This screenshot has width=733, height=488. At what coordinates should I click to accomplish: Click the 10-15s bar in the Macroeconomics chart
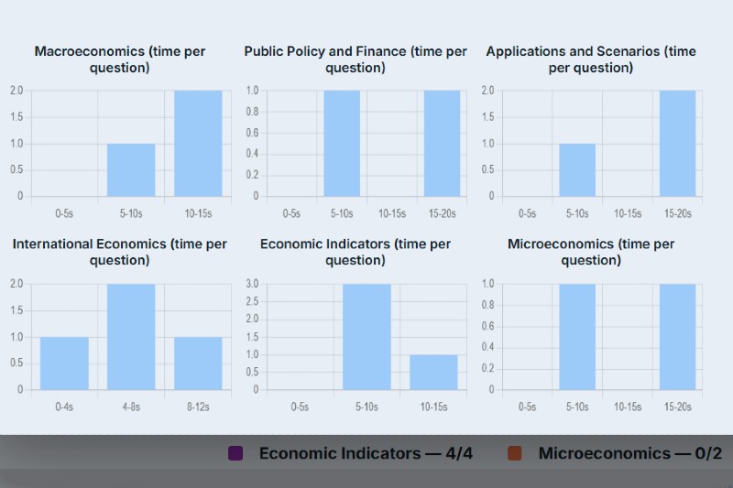(198, 143)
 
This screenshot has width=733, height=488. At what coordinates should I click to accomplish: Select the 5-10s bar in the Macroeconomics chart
(131, 169)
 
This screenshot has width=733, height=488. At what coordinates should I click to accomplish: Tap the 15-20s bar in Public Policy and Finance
(442, 143)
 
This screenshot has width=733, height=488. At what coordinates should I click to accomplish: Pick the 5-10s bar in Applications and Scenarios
(577, 169)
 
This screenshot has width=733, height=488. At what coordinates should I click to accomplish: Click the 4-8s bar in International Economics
(131, 336)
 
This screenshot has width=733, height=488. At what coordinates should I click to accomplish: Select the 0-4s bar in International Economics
(64, 363)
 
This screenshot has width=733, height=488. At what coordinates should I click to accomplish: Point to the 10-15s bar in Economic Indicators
(433, 372)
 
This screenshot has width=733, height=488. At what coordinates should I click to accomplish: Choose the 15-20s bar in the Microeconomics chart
(677, 336)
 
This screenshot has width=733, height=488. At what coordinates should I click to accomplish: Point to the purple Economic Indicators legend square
(235, 453)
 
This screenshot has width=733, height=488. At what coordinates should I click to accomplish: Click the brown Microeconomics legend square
(515, 453)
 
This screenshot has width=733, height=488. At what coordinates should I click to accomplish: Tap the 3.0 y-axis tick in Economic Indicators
(252, 284)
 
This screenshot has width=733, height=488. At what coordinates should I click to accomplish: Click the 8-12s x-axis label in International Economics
(198, 407)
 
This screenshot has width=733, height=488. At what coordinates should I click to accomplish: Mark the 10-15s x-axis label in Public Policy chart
(392, 213)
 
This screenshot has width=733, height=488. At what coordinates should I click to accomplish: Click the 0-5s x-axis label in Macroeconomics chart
(64, 213)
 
